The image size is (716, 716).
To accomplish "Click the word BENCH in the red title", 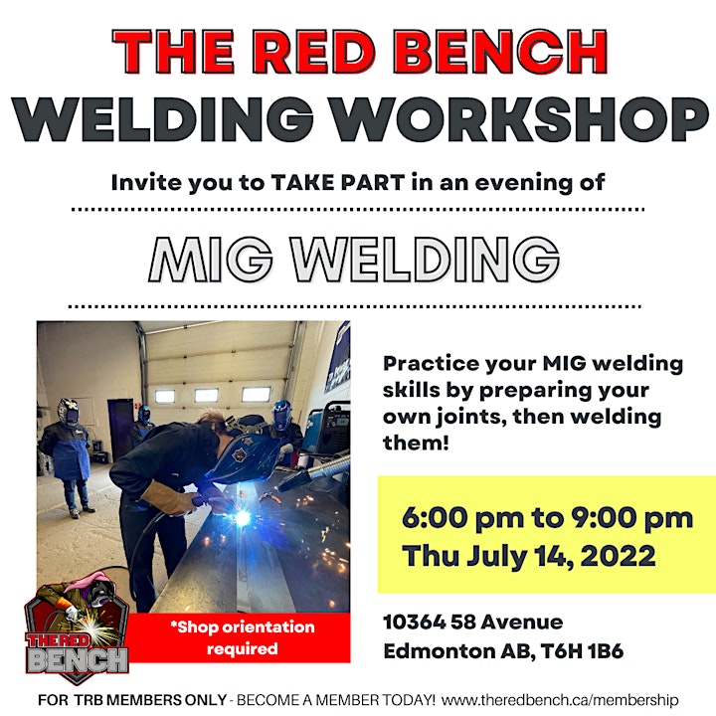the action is coord(501,52).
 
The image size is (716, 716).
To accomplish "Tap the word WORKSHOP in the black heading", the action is coord(519,119).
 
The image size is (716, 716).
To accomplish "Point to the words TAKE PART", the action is coord(338,183).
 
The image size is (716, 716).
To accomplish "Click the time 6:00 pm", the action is coord(462,518).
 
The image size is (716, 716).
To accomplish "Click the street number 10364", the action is coord(414,622).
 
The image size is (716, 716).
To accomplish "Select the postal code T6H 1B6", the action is coord(582,651).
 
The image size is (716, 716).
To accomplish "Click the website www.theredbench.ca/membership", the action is coord(560,700).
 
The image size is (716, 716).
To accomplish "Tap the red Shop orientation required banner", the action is coord(240,637).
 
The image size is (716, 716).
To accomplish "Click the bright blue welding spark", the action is coord(242,518).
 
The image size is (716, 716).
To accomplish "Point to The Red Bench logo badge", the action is coord(77,632).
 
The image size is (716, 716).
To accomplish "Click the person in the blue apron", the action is coord(70,457).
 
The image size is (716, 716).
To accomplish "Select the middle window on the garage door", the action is coord(207,396).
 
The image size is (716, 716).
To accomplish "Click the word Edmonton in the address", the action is coord(439,651).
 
